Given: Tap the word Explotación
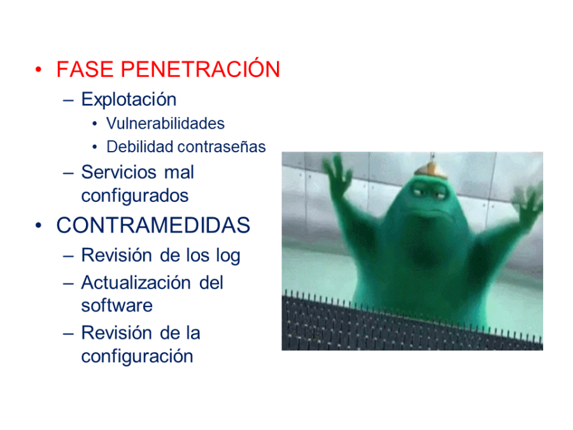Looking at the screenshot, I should pos(129,100).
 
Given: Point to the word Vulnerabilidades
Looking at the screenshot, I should pos(166,123).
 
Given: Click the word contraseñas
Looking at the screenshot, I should pos(222,147).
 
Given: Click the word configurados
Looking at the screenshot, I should pos(135,196).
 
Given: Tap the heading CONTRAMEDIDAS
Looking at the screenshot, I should pos(153,226).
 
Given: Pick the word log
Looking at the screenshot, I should pos(227,256).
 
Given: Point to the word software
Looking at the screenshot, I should pos(117,306).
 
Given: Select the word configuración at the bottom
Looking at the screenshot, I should pos(137,356).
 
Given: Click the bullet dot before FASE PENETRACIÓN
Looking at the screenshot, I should pos(39,70).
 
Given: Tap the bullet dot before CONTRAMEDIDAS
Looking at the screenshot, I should pos(39,226).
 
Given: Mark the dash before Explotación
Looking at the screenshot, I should pos(69,101).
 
